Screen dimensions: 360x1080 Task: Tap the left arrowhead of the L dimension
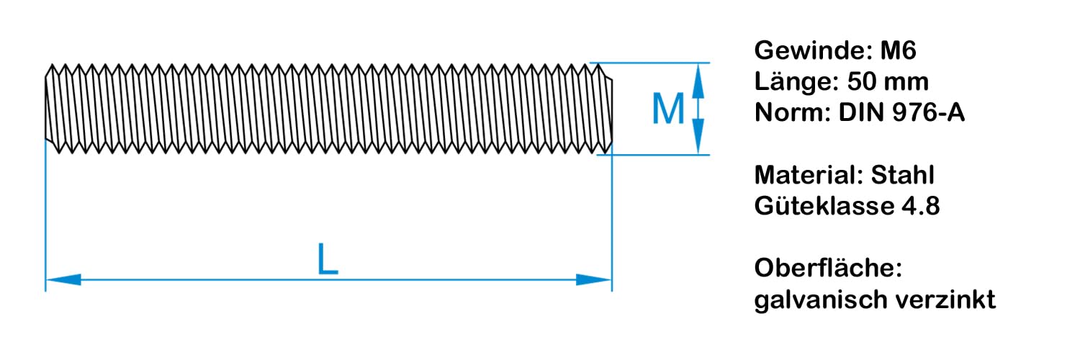tap(63, 279)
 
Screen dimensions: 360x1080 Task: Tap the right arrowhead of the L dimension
tap(594, 279)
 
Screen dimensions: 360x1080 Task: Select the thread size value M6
tap(899, 52)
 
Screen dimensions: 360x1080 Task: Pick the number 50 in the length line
tap(862, 82)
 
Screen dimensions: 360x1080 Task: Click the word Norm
tap(790, 113)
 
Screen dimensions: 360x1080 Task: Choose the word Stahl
tap(903, 175)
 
